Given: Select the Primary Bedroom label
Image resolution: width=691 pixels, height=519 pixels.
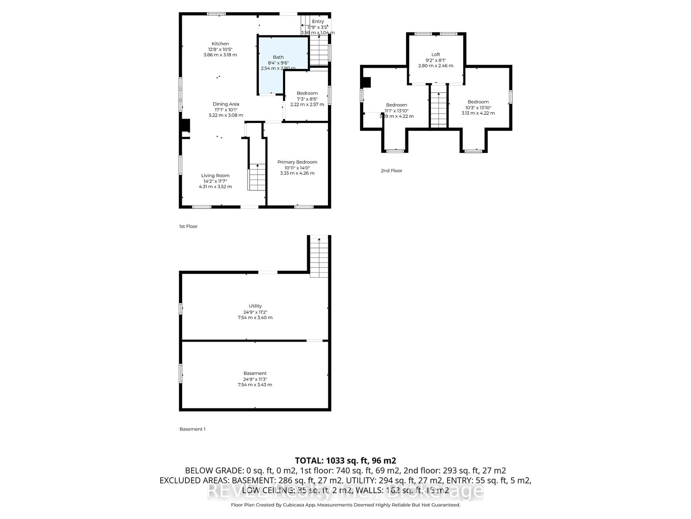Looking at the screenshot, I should click(x=297, y=162).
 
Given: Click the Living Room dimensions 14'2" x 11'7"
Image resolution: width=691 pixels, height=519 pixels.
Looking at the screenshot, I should click(x=215, y=181).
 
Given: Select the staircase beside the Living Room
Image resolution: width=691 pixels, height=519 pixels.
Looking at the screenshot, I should click(x=257, y=177).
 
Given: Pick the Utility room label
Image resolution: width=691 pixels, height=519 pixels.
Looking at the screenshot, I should click(x=255, y=306).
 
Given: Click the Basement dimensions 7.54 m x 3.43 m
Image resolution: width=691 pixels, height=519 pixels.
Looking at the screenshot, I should click(x=255, y=385).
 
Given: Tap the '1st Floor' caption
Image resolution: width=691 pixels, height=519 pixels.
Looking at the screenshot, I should click(x=188, y=226).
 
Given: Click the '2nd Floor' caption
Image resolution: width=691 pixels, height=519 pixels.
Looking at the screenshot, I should click(x=391, y=170).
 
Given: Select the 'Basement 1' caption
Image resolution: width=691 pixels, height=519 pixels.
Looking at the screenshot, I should click(x=192, y=429).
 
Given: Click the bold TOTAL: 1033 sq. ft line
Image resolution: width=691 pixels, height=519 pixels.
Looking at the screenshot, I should click(x=345, y=460).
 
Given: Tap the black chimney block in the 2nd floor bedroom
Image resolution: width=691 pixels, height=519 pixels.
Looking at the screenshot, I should click(x=366, y=83).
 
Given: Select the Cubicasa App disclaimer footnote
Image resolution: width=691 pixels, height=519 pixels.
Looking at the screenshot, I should click(x=345, y=505).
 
